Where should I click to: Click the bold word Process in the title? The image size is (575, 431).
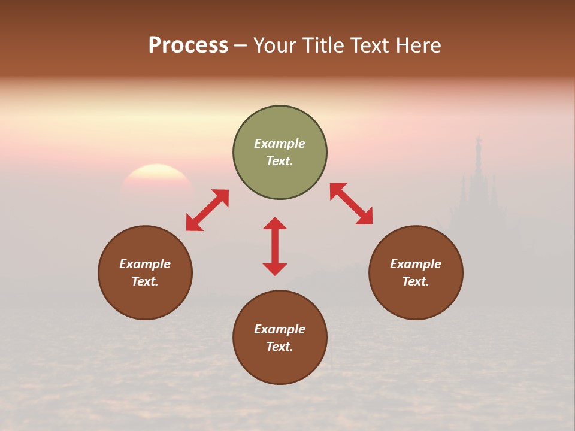[x=188, y=45]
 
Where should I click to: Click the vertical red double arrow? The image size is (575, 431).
[x=275, y=246]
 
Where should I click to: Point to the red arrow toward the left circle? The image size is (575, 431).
[x=207, y=210]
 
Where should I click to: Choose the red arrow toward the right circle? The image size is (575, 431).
[x=351, y=204]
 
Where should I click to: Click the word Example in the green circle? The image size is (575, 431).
[x=280, y=144]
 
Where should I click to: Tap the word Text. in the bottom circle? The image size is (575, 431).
[x=280, y=347]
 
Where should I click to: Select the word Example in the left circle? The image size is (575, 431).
[x=145, y=264]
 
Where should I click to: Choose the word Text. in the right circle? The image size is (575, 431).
[x=416, y=281]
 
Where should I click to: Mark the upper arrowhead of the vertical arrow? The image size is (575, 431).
[x=275, y=223]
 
